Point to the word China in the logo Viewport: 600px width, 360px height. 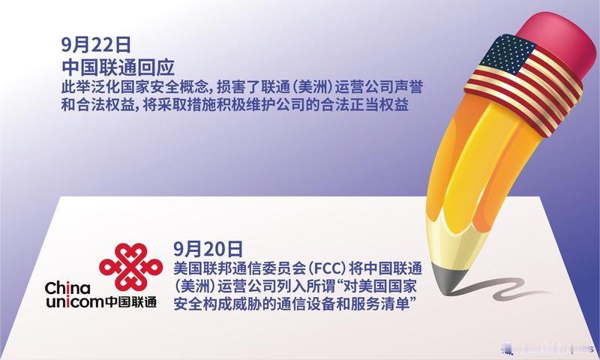(67, 289)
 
